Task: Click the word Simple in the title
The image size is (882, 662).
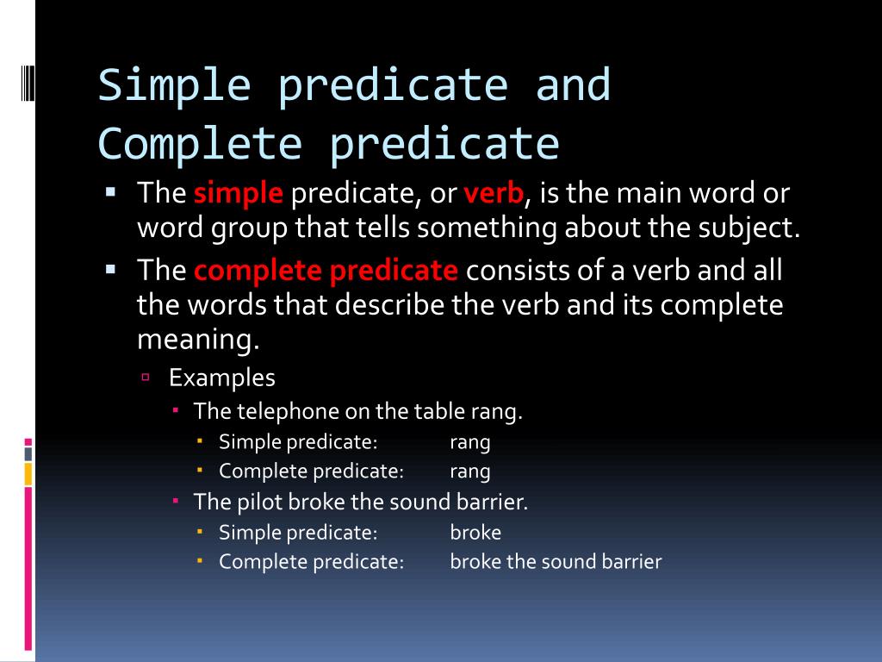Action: (x=174, y=85)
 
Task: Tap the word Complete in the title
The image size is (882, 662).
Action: (x=200, y=143)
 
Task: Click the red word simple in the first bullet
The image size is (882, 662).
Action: (x=239, y=193)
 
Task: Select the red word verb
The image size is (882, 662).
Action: (x=494, y=193)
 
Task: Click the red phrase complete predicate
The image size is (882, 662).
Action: (x=326, y=271)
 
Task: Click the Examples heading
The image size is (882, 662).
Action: (x=222, y=378)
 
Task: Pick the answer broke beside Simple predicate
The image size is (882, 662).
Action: (x=475, y=532)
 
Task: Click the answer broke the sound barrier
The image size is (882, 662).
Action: (x=556, y=562)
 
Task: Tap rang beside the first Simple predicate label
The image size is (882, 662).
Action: (x=470, y=442)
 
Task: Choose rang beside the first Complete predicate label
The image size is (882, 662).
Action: (x=470, y=472)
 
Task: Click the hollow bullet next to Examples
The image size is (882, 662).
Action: (x=146, y=377)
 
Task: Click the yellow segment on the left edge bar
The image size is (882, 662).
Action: (x=28, y=473)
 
